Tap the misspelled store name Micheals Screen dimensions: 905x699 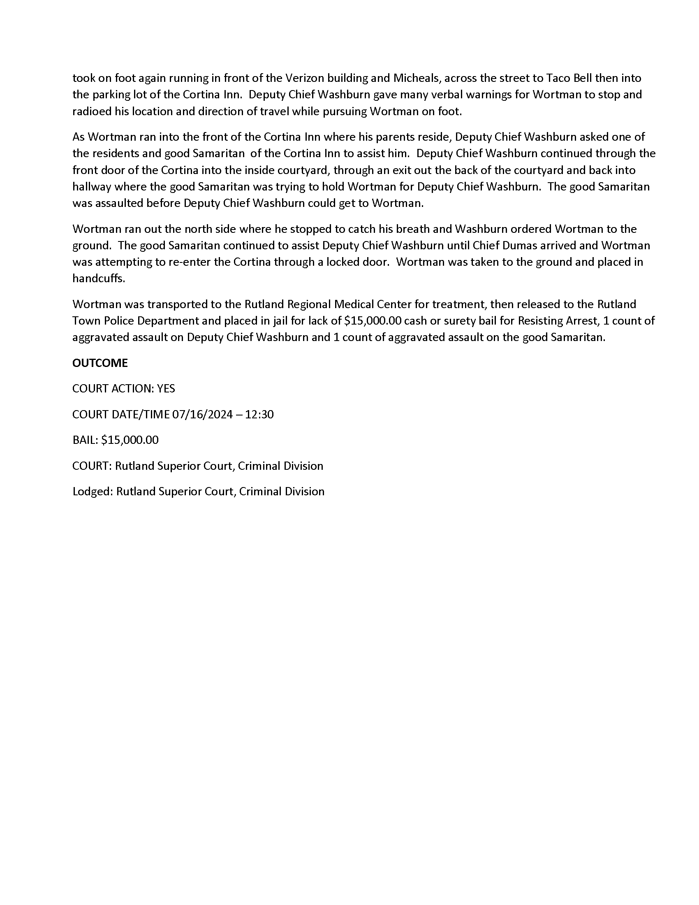pyautogui.click(x=415, y=78)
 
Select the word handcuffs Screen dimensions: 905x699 pyautogui.click(x=98, y=278)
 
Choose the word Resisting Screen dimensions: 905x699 pyautogui.click(x=540, y=321)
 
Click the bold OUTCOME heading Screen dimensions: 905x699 pyautogui.click(x=100, y=363)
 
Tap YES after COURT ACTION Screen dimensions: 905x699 pyautogui.click(x=166, y=388)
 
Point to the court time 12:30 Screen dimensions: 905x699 pyautogui.click(x=259, y=414)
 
